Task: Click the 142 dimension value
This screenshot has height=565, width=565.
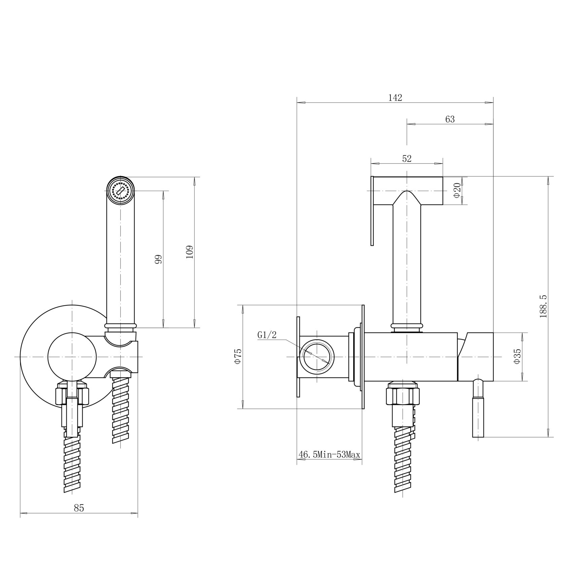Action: click(x=395, y=98)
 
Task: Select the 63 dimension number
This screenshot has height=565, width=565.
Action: click(x=450, y=119)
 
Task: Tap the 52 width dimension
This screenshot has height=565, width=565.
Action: click(x=407, y=158)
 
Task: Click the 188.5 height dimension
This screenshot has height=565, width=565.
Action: click(x=543, y=306)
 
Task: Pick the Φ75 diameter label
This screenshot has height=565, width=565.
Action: click(x=238, y=356)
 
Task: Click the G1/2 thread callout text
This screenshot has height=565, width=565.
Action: click(x=267, y=335)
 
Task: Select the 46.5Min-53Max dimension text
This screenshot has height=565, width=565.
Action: click(x=329, y=455)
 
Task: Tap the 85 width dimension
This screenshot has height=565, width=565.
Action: click(x=79, y=508)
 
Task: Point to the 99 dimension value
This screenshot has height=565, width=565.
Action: click(x=158, y=259)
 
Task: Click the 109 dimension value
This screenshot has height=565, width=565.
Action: click(x=190, y=252)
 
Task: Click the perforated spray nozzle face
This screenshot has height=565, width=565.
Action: click(x=121, y=191)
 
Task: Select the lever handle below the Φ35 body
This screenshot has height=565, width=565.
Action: click(x=478, y=409)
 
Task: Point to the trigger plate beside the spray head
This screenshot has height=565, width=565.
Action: click(x=372, y=211)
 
